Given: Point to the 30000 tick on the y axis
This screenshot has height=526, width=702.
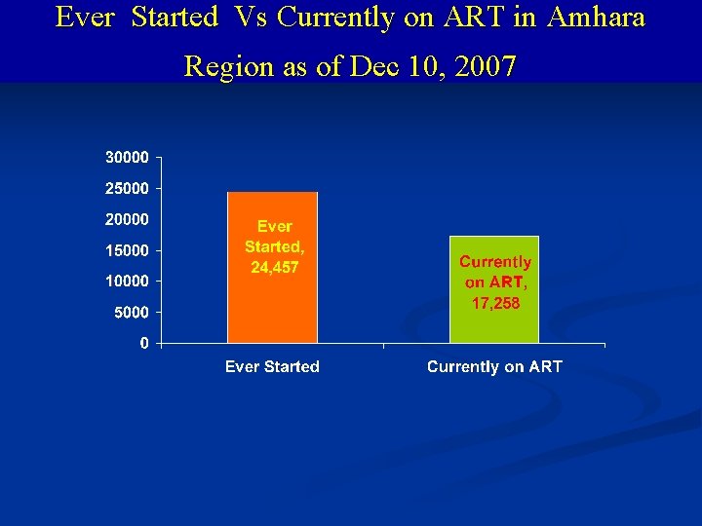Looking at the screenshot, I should click(127, 157).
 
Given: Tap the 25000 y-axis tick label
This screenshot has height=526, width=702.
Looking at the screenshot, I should click(127, 188).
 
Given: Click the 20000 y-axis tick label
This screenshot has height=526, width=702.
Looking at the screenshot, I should click(127, 219).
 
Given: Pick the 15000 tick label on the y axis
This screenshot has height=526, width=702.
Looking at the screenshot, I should click(127, 250).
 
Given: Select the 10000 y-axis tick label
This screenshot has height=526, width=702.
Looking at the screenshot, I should click(127, 282).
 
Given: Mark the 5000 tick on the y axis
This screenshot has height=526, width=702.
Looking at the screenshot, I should click(131, 313).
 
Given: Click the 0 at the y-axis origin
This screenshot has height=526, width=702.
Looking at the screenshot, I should click(144, 344).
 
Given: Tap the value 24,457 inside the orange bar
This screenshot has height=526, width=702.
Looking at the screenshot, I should click(274, 267).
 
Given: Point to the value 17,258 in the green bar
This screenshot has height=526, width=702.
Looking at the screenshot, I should click(494, 303).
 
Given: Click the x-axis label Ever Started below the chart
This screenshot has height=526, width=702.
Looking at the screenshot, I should click(272, 367).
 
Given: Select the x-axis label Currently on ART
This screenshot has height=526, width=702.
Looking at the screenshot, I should click(494, 367).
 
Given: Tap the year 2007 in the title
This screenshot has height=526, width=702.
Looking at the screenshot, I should click(486, 66).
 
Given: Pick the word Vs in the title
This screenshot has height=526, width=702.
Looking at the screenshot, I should click(242, 18).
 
